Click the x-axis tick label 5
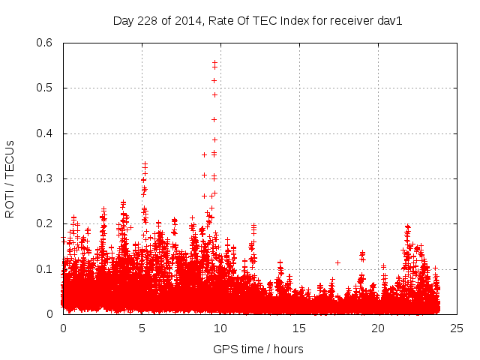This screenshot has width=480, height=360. coord(142,328)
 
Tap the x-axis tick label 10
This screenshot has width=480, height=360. coord(220,328)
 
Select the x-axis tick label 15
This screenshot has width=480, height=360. coord(299,328)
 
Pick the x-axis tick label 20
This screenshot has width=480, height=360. coord(378,328)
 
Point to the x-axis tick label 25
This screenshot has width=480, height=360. coord(457,328)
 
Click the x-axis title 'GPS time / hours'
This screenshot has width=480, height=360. coord(258,349)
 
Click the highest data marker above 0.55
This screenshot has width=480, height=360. coord(215,62)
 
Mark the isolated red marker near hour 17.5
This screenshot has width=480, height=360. coord(338,262)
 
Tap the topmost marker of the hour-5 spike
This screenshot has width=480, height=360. coord(145,163)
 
